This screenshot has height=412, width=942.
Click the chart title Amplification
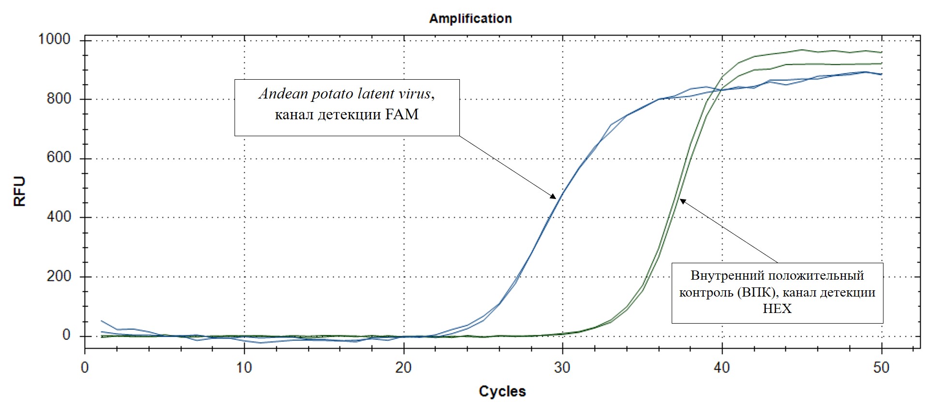[470, 19]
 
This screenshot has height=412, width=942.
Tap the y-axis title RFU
[19, 191]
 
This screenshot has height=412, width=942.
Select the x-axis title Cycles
[502, 391]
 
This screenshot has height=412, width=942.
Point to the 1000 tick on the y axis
[55, 39]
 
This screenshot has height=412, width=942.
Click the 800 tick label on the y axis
[59, 99]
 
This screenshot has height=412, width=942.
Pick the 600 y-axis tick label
[59, 158]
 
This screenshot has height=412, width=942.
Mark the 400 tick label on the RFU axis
[59, 217]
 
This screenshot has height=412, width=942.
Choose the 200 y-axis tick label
[59, 277]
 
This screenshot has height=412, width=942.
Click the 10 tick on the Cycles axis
[244, 368]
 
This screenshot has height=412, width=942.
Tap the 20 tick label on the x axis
[403, 368]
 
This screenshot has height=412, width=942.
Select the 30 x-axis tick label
[562, 368]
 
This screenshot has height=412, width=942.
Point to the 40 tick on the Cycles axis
[722, 368]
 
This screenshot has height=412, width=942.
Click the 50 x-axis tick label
[881, 368]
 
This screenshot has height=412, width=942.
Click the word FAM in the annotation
[402, 114]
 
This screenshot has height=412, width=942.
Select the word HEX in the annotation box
[777, 309]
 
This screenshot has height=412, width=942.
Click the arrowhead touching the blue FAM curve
[553, 196]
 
